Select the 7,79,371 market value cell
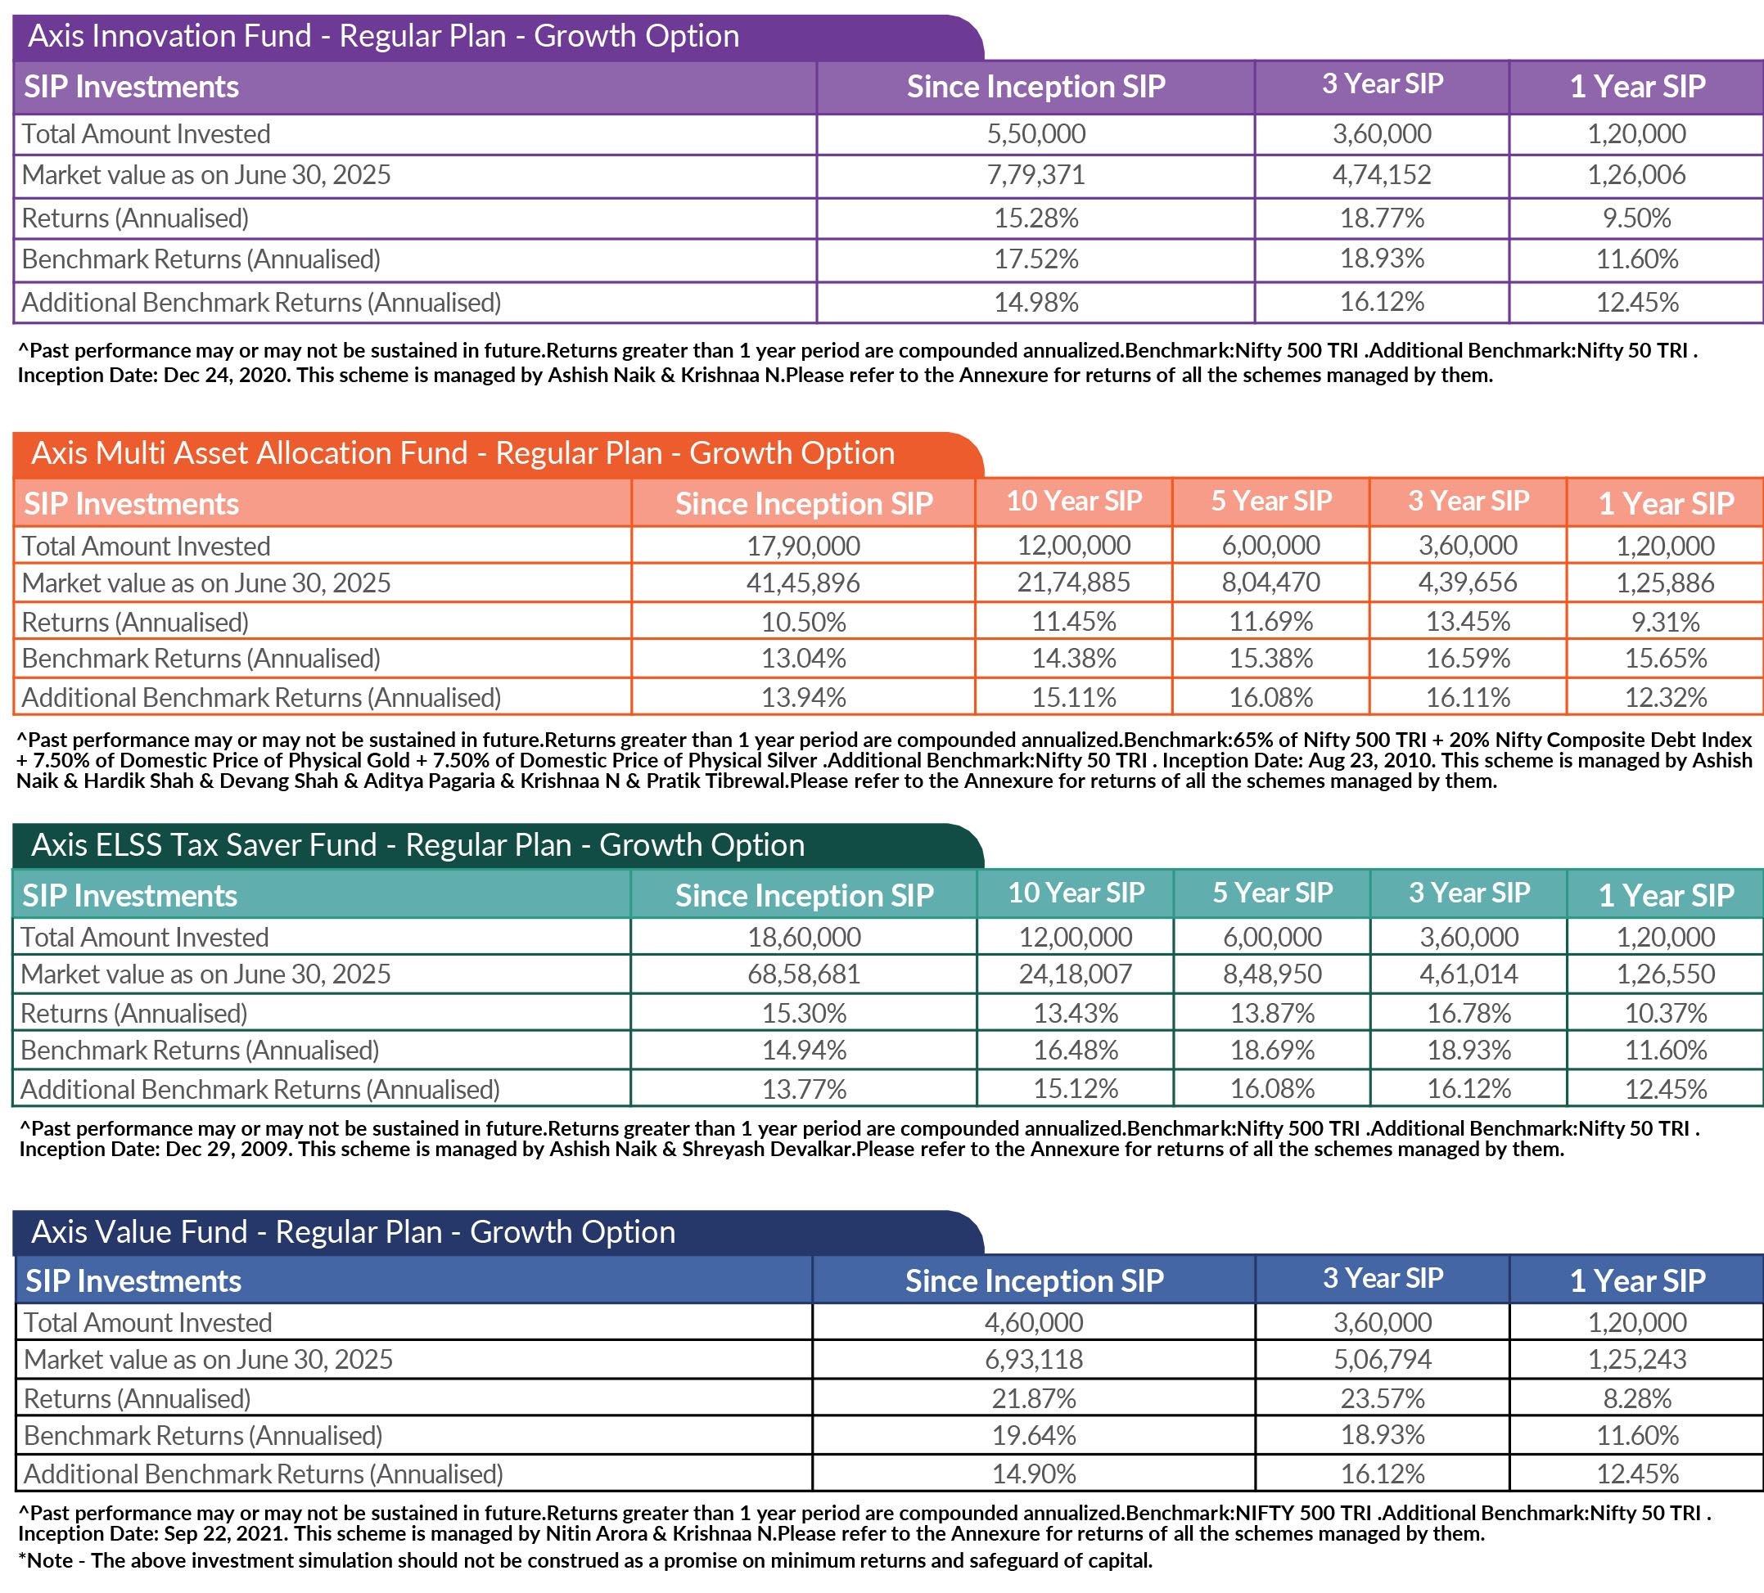click(1035, 175)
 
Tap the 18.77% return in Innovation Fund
click(1382, 217)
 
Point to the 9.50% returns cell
click(1636, 217)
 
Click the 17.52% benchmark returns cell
click(1035, 259)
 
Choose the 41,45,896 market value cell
click(802, 583)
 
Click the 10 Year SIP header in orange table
click(1074, 502)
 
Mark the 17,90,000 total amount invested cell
click(802, 546)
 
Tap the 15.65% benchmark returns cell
click(1665, 658)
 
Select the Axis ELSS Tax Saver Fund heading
click(417, 845)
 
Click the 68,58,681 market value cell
click(803, 974)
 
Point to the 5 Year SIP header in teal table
click(1272, 893)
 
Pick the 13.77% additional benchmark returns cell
click(803, 1089)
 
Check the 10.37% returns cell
click(1665, 1013)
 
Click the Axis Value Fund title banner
click(353, 1231)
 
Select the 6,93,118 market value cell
click(1033, 1360)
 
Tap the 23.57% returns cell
click(1382, 1398)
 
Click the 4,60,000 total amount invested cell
click(1033, 1322)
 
